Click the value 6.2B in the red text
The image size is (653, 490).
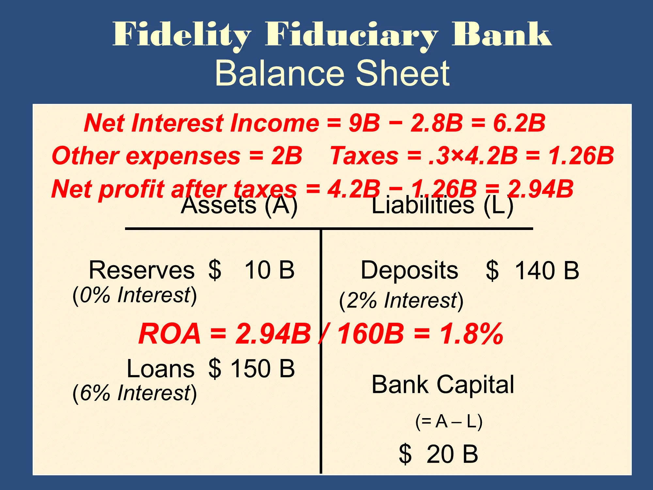tap(519, 123)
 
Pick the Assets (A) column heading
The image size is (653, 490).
tap(239, 205)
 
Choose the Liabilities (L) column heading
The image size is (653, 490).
tap(443, 205)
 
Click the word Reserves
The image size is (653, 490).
tap(142, 270)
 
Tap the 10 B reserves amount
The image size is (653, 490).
tap(270, 270)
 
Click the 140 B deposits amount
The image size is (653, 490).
tap(547, 270)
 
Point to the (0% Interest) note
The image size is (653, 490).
tap(135, 295)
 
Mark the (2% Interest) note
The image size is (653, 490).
tap(401, 301)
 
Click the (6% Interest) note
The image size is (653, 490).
tap(135, 393)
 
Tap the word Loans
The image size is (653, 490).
tap(161, 369)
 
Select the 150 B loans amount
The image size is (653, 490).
tap(263, 368)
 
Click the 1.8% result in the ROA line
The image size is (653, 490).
tap(471, 334)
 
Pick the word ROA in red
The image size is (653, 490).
tap(170, 334)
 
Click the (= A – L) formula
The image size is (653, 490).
tap(449, 421)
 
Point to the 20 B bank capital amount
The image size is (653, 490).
tap(452, 454)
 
